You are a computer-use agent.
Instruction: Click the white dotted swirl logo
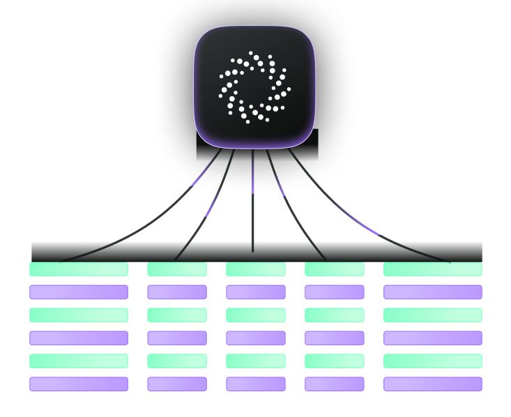point(254,87)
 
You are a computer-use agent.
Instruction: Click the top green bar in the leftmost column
point(79,269)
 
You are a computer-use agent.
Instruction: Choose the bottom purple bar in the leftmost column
point(79,384)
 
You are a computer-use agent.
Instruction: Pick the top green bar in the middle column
point(256,269)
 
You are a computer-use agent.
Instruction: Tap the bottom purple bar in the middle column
point(256,384)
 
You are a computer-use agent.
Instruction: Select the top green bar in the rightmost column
point(433,269)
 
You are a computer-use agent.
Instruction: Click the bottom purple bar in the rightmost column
point(433,384)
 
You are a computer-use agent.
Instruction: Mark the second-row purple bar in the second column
point(177,292)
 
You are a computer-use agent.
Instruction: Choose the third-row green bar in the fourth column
point(335,315)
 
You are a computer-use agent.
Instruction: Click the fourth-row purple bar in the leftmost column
point(79,338)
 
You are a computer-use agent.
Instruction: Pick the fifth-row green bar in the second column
point(177,361)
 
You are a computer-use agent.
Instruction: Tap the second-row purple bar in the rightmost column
point(433,292)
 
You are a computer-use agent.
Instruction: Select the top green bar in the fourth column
point(335,269)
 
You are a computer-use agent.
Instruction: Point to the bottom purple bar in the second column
point(177,384)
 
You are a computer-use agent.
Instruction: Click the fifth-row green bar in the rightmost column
point(433,361)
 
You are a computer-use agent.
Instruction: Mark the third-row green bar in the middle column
point(256,315)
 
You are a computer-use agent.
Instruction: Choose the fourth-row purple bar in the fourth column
point(335,338)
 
